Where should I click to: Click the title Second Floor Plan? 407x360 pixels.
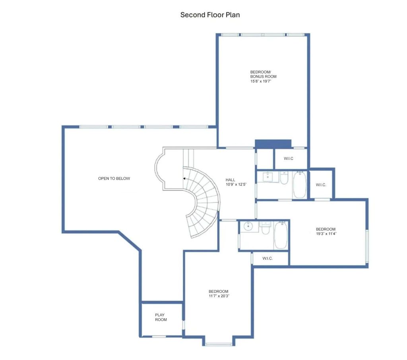210,15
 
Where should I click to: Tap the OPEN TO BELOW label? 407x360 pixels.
114,178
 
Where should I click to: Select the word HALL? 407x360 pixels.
230,180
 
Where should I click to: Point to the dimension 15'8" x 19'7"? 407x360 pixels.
261,81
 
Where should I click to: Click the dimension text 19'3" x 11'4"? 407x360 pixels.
326,234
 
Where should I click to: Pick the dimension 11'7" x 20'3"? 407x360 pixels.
219,296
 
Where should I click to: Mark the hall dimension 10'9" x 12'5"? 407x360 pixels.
236,184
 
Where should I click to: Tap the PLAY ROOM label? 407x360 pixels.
161,317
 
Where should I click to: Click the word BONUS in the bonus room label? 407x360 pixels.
256,77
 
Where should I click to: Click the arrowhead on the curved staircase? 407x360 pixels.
184,178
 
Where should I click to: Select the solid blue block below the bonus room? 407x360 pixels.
273,144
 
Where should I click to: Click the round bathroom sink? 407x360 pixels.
249,226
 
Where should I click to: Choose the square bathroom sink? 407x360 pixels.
267,177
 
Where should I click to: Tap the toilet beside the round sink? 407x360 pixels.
265,228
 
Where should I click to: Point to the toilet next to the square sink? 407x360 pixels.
284,178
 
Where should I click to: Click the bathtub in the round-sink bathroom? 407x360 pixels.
281,235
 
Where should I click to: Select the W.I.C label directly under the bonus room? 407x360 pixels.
289,159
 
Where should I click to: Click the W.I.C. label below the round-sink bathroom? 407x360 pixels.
267,259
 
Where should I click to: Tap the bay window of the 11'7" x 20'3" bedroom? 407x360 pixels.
219,345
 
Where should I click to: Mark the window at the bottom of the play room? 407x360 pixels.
159,337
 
